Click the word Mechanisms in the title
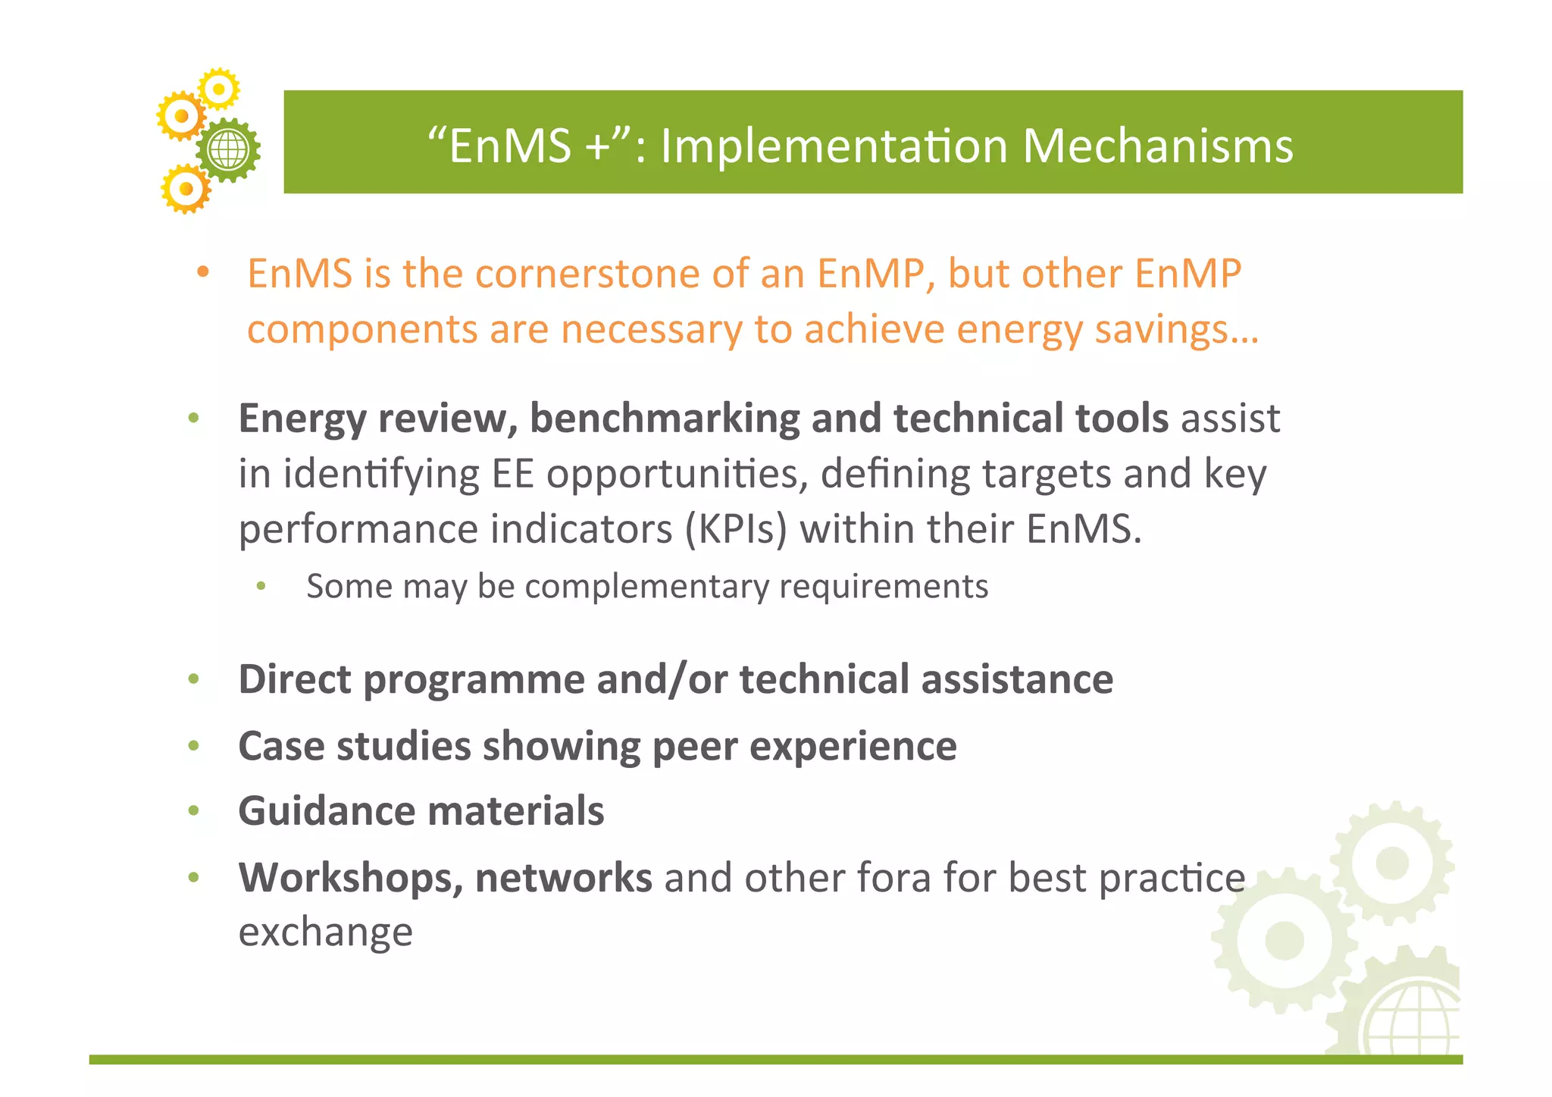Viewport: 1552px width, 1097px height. [1157, 146]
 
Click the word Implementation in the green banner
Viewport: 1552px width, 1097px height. [834, 146]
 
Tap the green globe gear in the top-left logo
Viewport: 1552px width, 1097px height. [228, 150]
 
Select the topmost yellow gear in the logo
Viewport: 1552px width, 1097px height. [219, 89]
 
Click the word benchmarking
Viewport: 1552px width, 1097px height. [664, 418]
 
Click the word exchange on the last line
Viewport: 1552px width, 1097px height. [325, 932]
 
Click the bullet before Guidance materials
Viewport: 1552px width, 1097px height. [194, 811]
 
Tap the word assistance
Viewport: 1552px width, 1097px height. [1017, 679]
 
